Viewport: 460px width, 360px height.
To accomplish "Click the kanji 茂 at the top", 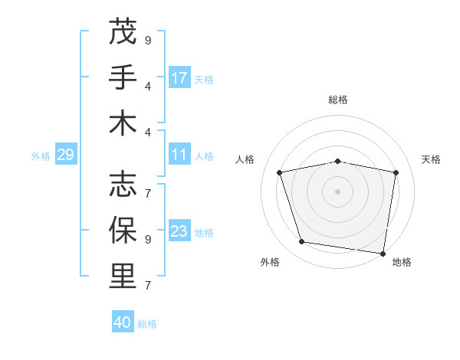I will pyautogui.click(x=123, y=32).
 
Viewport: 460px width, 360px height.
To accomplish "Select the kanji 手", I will pyautogui.click(x=123, y=77).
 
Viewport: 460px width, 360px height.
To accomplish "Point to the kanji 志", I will pyautogui.click(x=123, y=184).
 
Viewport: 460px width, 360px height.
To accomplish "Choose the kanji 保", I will pyautogui.click(x=123, y=230).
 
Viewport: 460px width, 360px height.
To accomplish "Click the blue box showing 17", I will pyautogui.click(x=179, y=78).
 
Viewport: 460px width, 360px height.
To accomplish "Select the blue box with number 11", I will pyautogui.click(x=179, y=155).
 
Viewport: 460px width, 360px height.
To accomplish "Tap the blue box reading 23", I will pyautogui.click(x=179, y=232).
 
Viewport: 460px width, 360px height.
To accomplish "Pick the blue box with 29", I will pyautogui.click(x=65, y=155).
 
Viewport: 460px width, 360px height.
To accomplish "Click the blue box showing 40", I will pyautogui.click(x=123, y=322).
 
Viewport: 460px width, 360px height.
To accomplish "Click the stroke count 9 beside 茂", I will pyautogui.click(x=148, y=40).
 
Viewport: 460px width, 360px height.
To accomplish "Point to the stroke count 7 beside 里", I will pyautogui.click(x=148, y=285).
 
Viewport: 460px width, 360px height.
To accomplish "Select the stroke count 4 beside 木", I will pyautogui.click(x=148, y=132).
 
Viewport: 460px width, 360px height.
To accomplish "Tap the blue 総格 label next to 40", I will pyautogui.click(x=147, y=324).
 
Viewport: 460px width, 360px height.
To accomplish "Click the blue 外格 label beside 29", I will pyautogui.click(x=41, y=156).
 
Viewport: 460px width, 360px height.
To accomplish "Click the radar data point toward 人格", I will pyautogui.click(x=280, y=172).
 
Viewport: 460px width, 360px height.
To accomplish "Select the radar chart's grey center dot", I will pyautogui.click(x=337, y=191).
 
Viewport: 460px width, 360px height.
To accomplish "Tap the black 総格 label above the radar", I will pyautogui.click(x=337, y=100).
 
